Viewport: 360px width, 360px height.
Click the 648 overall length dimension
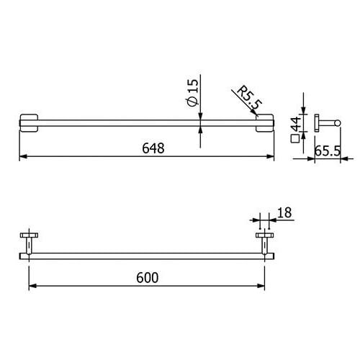(x=153, y=148)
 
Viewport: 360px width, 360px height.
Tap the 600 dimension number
(x=148, y=278)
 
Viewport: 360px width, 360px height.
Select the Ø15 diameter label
(x=193, y=93)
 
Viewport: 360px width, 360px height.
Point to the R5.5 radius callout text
(x=249, y=97)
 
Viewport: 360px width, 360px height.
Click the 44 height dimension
(x=296, y=124)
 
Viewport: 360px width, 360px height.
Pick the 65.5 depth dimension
(x=328, y=151)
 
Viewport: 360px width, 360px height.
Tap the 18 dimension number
(x=284, y=212)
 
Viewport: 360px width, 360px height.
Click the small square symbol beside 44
(x=294, y=139)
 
